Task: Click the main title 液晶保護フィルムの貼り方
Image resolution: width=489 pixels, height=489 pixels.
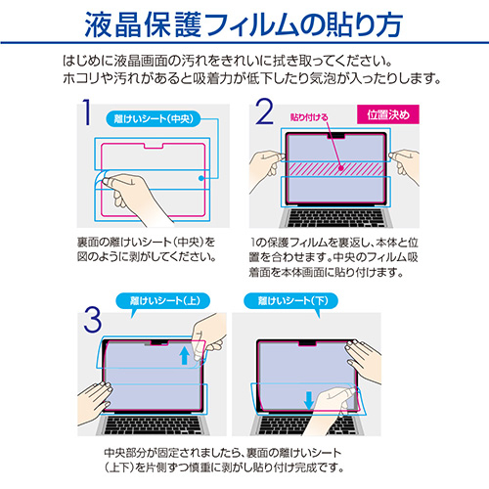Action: coord(244,22)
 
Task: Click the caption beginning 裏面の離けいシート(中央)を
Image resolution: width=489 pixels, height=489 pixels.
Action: coord(147,249)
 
